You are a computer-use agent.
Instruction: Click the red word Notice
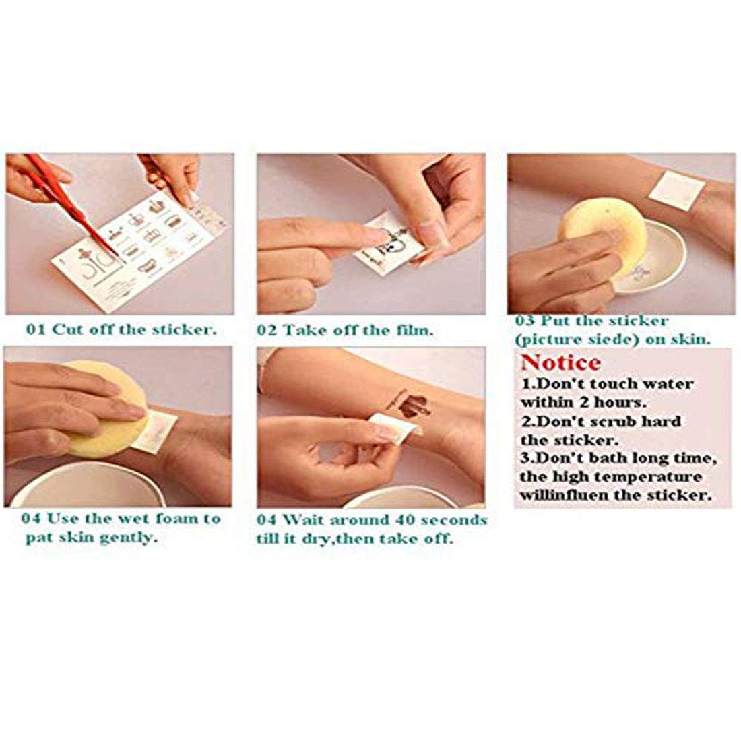(x=560, y=363)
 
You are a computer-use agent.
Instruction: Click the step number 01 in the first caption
(x=35, y=329)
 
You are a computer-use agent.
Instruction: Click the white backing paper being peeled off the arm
(x=395, y=425)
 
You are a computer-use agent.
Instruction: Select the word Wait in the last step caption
(x=304, y=520)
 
